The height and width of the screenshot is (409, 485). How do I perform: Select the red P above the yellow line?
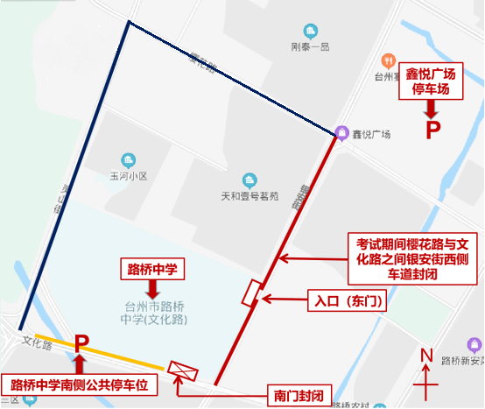(82, 344)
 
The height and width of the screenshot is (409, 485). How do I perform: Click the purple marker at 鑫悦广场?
(341, 133)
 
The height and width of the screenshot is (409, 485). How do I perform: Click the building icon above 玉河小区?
(130, 160)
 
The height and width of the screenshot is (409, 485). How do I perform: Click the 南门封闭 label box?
(299, 396)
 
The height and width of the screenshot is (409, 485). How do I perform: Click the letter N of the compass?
(427, 355)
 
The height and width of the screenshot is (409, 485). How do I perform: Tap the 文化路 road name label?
(38, 340)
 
